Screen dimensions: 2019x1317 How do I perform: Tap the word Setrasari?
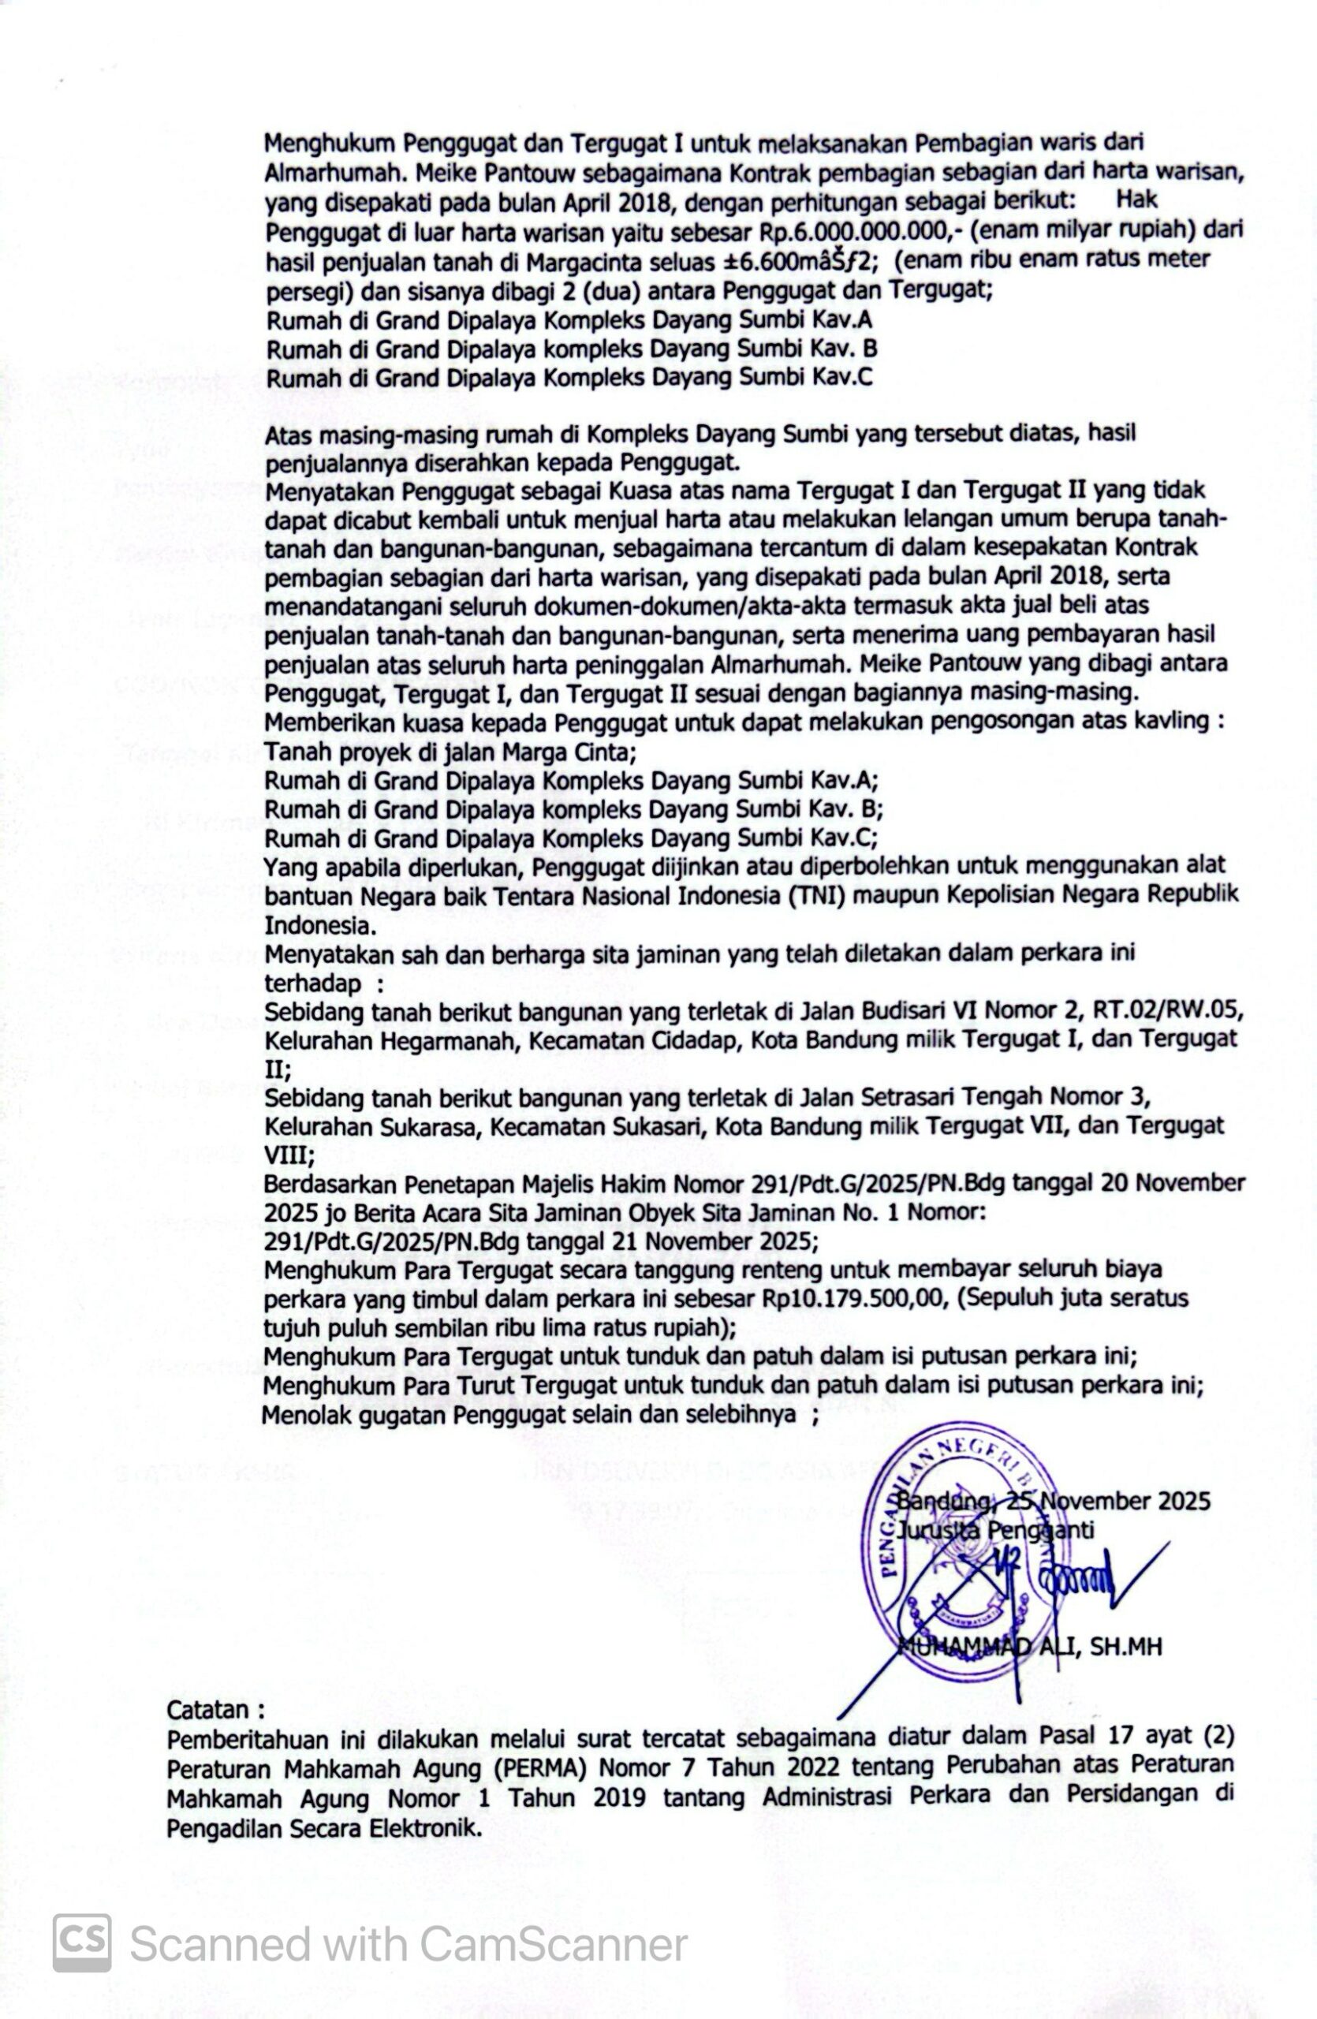[900, 1099]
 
